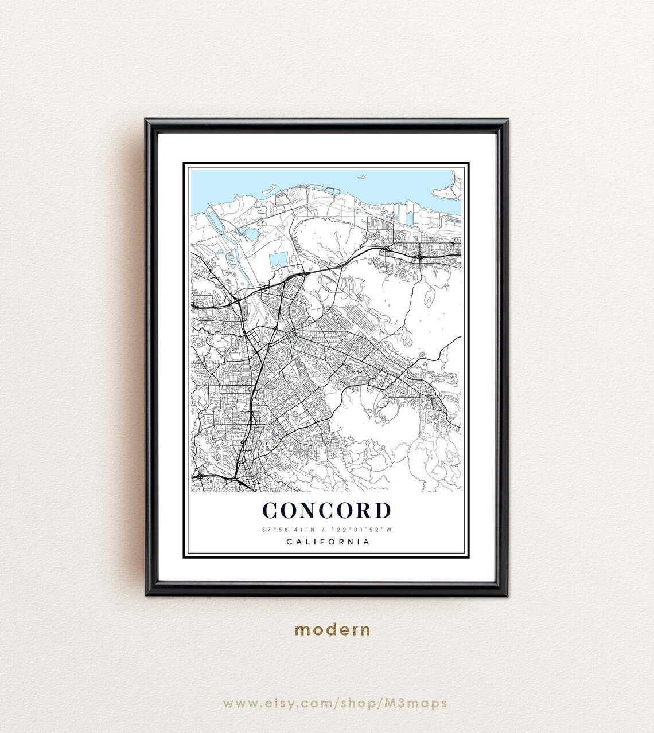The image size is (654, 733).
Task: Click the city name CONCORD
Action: pos(326,510)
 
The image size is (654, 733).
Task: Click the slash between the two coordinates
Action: pos(324,530)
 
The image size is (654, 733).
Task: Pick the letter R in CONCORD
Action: pos(361,510)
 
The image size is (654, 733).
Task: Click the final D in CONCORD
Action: pos(381,510)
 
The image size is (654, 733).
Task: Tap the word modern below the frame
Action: pos(332,630)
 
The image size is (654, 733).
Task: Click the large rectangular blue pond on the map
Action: pos(279,259)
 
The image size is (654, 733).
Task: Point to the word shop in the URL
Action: pos(375,703)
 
